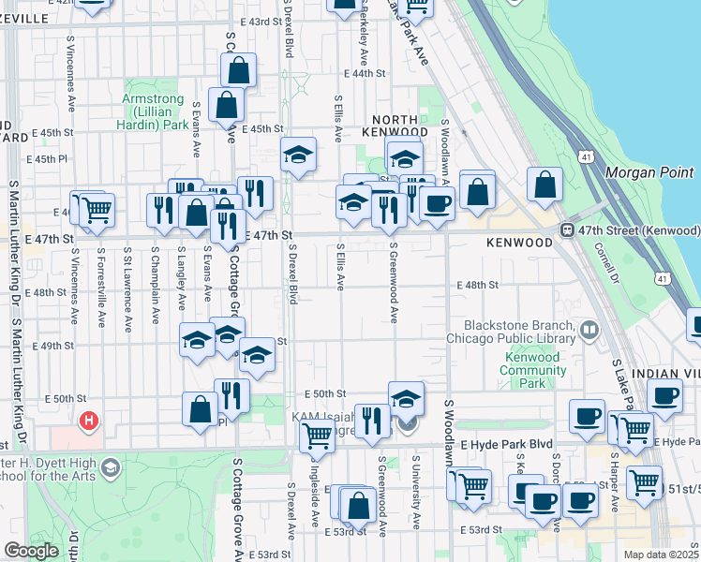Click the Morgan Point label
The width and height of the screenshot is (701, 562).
(649, 172)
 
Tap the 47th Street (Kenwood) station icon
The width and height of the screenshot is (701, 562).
(567, 230)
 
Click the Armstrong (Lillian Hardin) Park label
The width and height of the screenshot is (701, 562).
(156, 111)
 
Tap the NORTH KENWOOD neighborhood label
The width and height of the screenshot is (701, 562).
(401, 126)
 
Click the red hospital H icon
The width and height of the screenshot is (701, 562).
(90, 421)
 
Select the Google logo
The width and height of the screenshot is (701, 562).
(30, 550)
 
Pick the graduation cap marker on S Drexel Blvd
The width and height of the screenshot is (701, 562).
(298, 155)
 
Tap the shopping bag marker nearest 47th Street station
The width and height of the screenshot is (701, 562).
(545, 185)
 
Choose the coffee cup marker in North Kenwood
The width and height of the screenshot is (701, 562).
(436, 203)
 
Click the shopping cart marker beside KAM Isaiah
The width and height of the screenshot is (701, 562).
(317, 435)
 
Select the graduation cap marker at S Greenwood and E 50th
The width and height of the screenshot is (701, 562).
(406, 398)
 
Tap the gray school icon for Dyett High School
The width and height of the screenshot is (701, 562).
(111, 466)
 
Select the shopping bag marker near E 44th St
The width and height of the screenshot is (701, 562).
(238, 70)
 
